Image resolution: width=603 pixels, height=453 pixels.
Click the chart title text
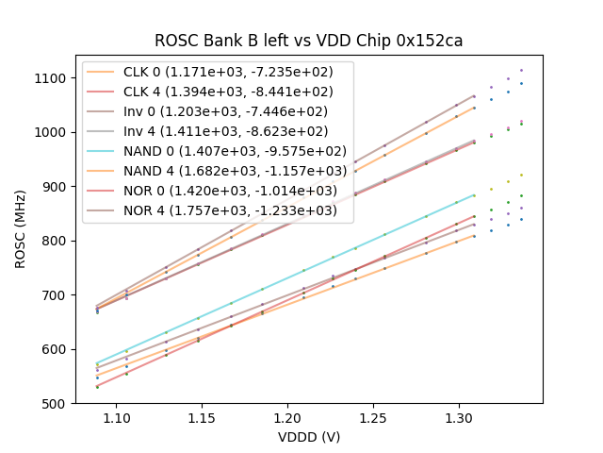[308, 41]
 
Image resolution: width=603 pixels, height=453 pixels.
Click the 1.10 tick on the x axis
[116, 417]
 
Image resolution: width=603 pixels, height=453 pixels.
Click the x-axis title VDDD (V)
[308, 437]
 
